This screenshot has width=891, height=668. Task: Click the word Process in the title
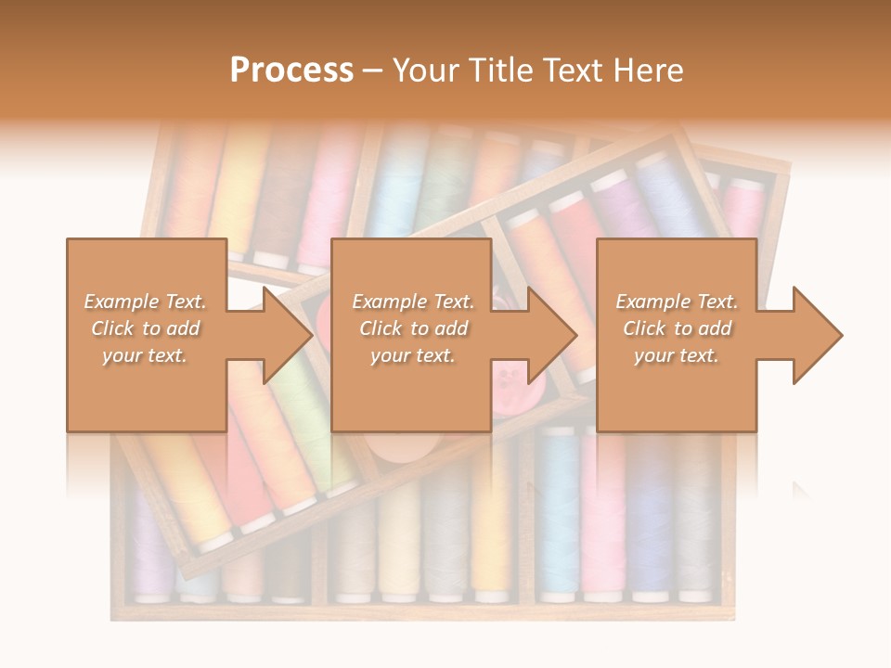[x=291, y=71]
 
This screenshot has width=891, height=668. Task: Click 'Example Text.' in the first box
[x=145, y=302]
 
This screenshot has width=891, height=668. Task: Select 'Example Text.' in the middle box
[x=412, y=302]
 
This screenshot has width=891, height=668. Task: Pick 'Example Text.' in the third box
[x=677, y=302]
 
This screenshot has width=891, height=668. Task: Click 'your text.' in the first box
[x=145, y=355]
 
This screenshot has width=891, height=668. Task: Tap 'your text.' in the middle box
[x=412, y=355]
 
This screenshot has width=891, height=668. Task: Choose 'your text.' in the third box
[x=677, y=355]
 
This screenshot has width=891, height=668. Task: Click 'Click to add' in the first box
[x=145, y=328]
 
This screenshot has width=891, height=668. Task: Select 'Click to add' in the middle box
[x=412, y=328]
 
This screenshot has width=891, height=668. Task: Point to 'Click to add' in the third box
[x=677, y=328]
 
